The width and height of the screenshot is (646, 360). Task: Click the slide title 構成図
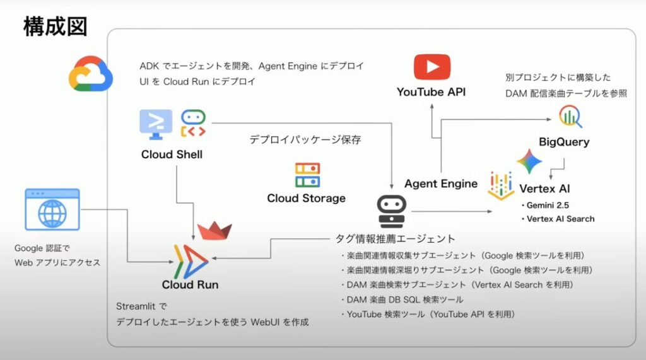click(55, 27)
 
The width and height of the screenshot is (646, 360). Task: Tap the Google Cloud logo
click(91, 74)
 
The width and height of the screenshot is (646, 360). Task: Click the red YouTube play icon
click(432, 67)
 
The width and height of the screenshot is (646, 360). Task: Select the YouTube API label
click(432, 93)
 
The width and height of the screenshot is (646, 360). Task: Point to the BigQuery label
click(564, 142)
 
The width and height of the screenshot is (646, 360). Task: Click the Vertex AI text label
click(545, 189)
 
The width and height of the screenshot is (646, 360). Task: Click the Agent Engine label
click(441, 184)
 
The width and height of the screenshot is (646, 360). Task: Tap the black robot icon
click(392, 211)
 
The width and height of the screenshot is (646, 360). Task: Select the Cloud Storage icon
click(307, 176)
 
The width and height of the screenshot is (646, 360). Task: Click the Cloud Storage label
click(306, 198)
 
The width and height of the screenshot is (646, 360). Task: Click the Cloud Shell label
click(172, 154)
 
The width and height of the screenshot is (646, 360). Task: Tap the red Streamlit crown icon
click(214, 231)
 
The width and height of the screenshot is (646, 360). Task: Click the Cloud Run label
click(190, 284)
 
